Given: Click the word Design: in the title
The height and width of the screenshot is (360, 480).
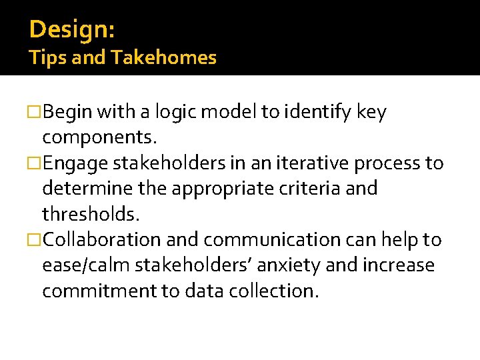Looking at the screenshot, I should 72,30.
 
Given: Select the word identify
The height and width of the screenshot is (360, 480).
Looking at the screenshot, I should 319,113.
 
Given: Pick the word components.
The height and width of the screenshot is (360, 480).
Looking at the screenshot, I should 99,138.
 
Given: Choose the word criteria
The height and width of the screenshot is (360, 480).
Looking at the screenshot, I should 323,189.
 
